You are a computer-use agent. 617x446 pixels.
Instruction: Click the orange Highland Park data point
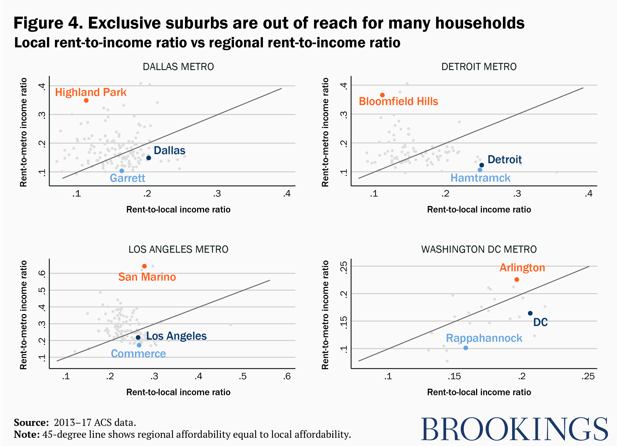(x=86, y=100)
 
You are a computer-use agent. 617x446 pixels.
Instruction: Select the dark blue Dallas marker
(x=148, y=158)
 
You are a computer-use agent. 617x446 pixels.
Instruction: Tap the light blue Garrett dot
(x=122, y=171)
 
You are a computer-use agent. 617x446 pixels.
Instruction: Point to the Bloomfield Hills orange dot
(x=382, y=95)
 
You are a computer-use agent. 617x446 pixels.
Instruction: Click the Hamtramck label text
(x=480, y=178)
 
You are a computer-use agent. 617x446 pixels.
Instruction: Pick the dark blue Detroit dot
(x=481, y=165)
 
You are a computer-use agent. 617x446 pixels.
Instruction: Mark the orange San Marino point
(x=144, y=266)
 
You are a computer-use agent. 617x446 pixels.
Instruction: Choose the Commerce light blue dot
(x=139, y=345)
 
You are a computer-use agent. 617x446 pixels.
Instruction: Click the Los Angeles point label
(x=176, y=336)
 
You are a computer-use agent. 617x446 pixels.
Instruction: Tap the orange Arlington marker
(x=517, y=280)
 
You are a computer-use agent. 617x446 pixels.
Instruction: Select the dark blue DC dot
(x=530, y=313)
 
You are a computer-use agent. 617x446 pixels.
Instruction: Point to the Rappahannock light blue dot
(x=466, y=348)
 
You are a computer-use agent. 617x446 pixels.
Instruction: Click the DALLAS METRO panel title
(x=178, y=67)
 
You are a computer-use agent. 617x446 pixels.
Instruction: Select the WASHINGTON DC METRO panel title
(x=479, y=249)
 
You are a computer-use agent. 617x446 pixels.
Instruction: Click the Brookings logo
(x=514, y=429)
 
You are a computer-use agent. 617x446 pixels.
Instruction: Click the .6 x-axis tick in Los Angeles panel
(x=287, y=377)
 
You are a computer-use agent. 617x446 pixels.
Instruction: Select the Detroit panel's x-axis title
(x=479, y=209)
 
